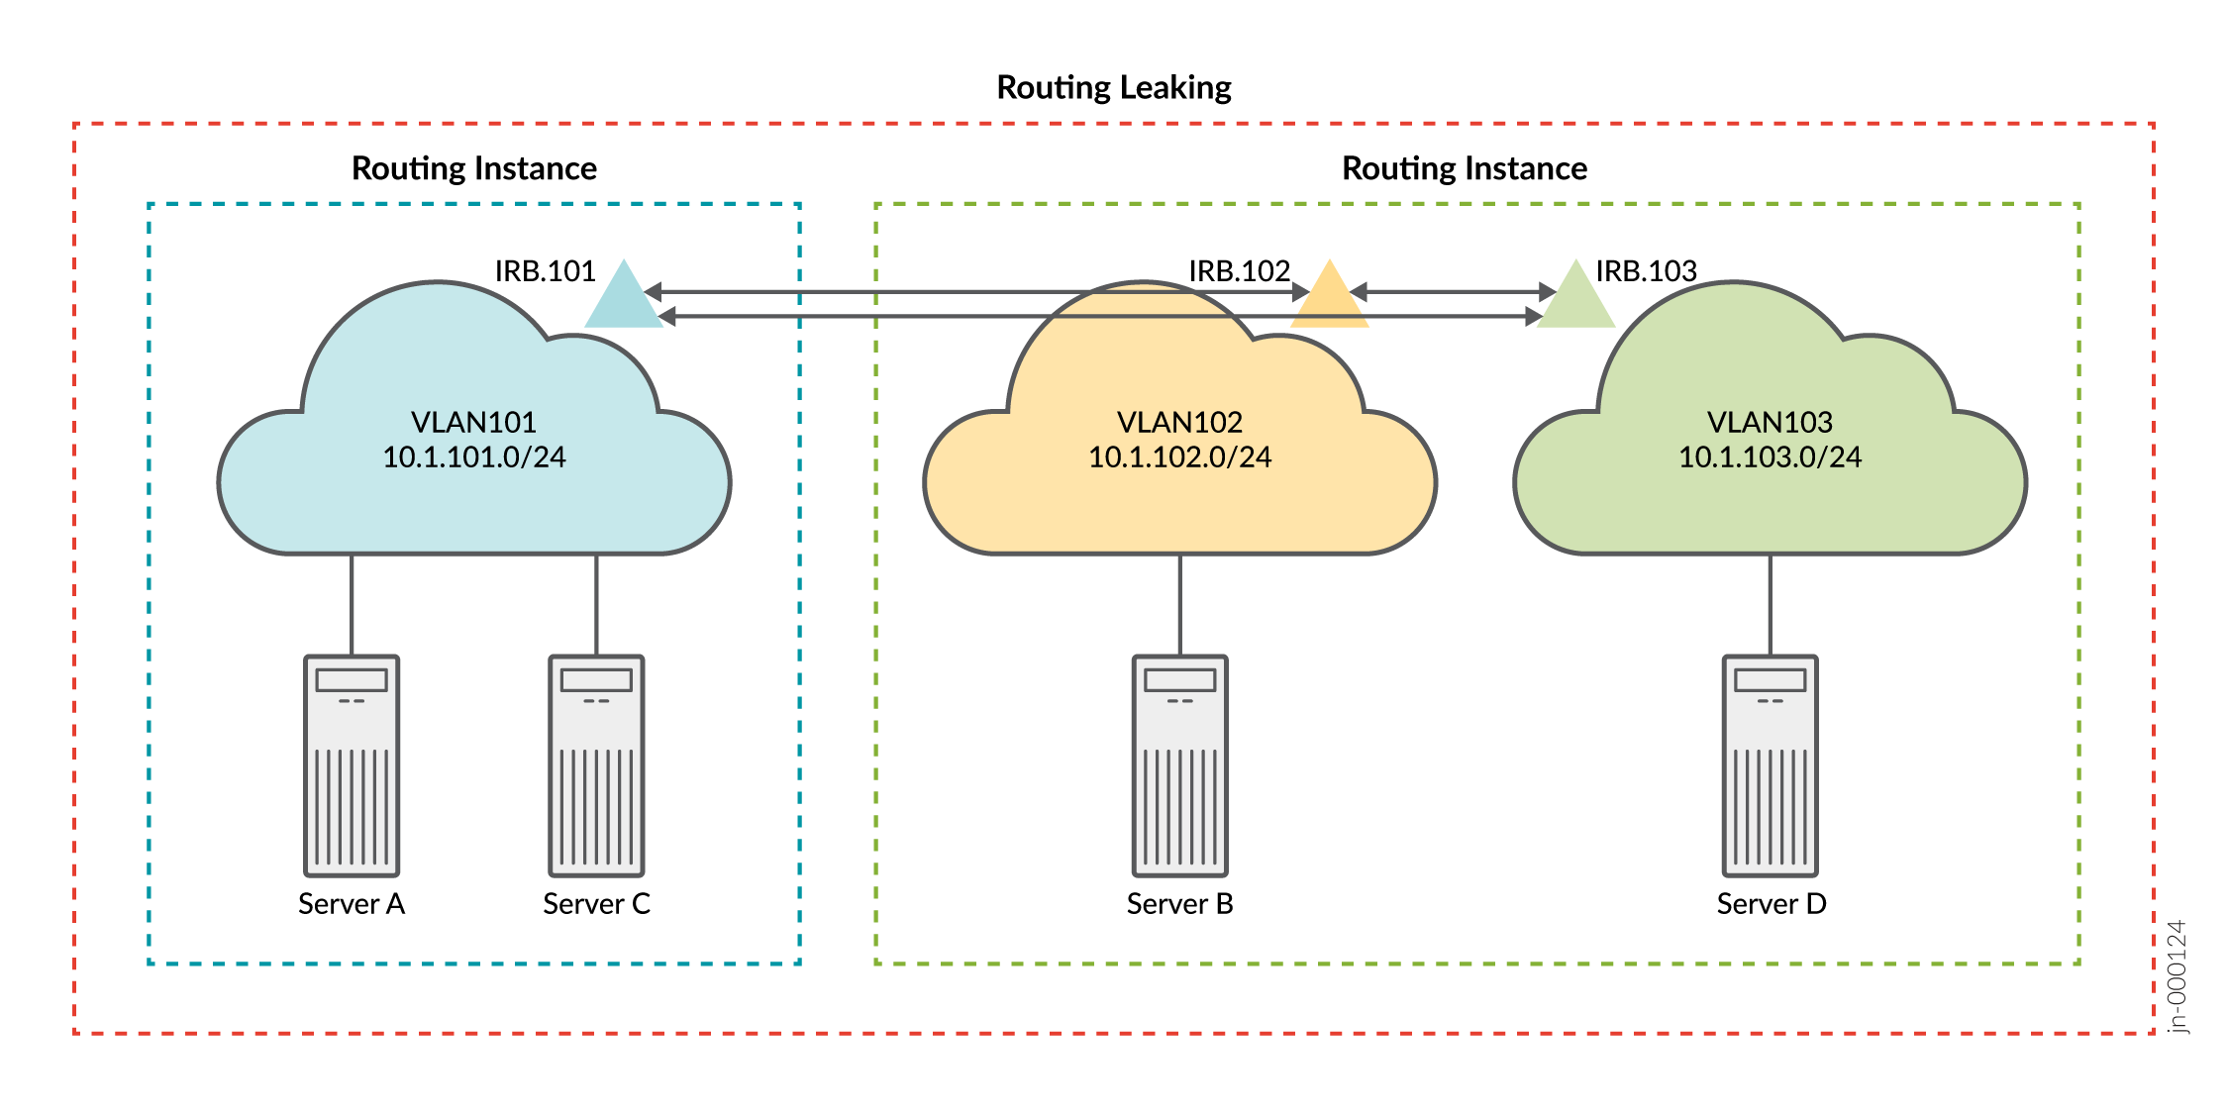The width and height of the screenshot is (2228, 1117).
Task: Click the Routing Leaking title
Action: tap(1113, 87)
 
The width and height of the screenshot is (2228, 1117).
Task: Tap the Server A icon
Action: tap(352, 765)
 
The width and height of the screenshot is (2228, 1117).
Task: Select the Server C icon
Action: tap(596, 765)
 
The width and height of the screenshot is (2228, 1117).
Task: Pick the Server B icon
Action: tap(1179, 765)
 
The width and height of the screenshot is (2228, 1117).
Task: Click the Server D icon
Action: tap(1770, 765)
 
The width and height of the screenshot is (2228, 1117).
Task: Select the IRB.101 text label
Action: tap(545, 271)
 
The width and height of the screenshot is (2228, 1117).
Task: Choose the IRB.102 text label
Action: tap(1239, 271)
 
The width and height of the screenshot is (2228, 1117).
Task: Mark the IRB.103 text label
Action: tap(1647, 271)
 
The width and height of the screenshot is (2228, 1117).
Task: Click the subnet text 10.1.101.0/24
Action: tap(474, 457)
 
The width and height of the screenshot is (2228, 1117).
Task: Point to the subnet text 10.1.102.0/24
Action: tap(1179, 457)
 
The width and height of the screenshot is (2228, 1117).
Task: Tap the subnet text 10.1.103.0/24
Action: tap(1770, 457)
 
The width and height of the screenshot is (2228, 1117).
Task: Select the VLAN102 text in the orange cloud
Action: tap(1179, 423)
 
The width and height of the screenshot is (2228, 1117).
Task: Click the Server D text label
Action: tap(1771, 904)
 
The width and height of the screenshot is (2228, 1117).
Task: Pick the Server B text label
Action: tap(1179, 904)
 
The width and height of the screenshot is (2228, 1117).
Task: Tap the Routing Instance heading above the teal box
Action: tap(474, 168)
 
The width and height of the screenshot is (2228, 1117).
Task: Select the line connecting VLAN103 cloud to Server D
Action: tap(1771, 604)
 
